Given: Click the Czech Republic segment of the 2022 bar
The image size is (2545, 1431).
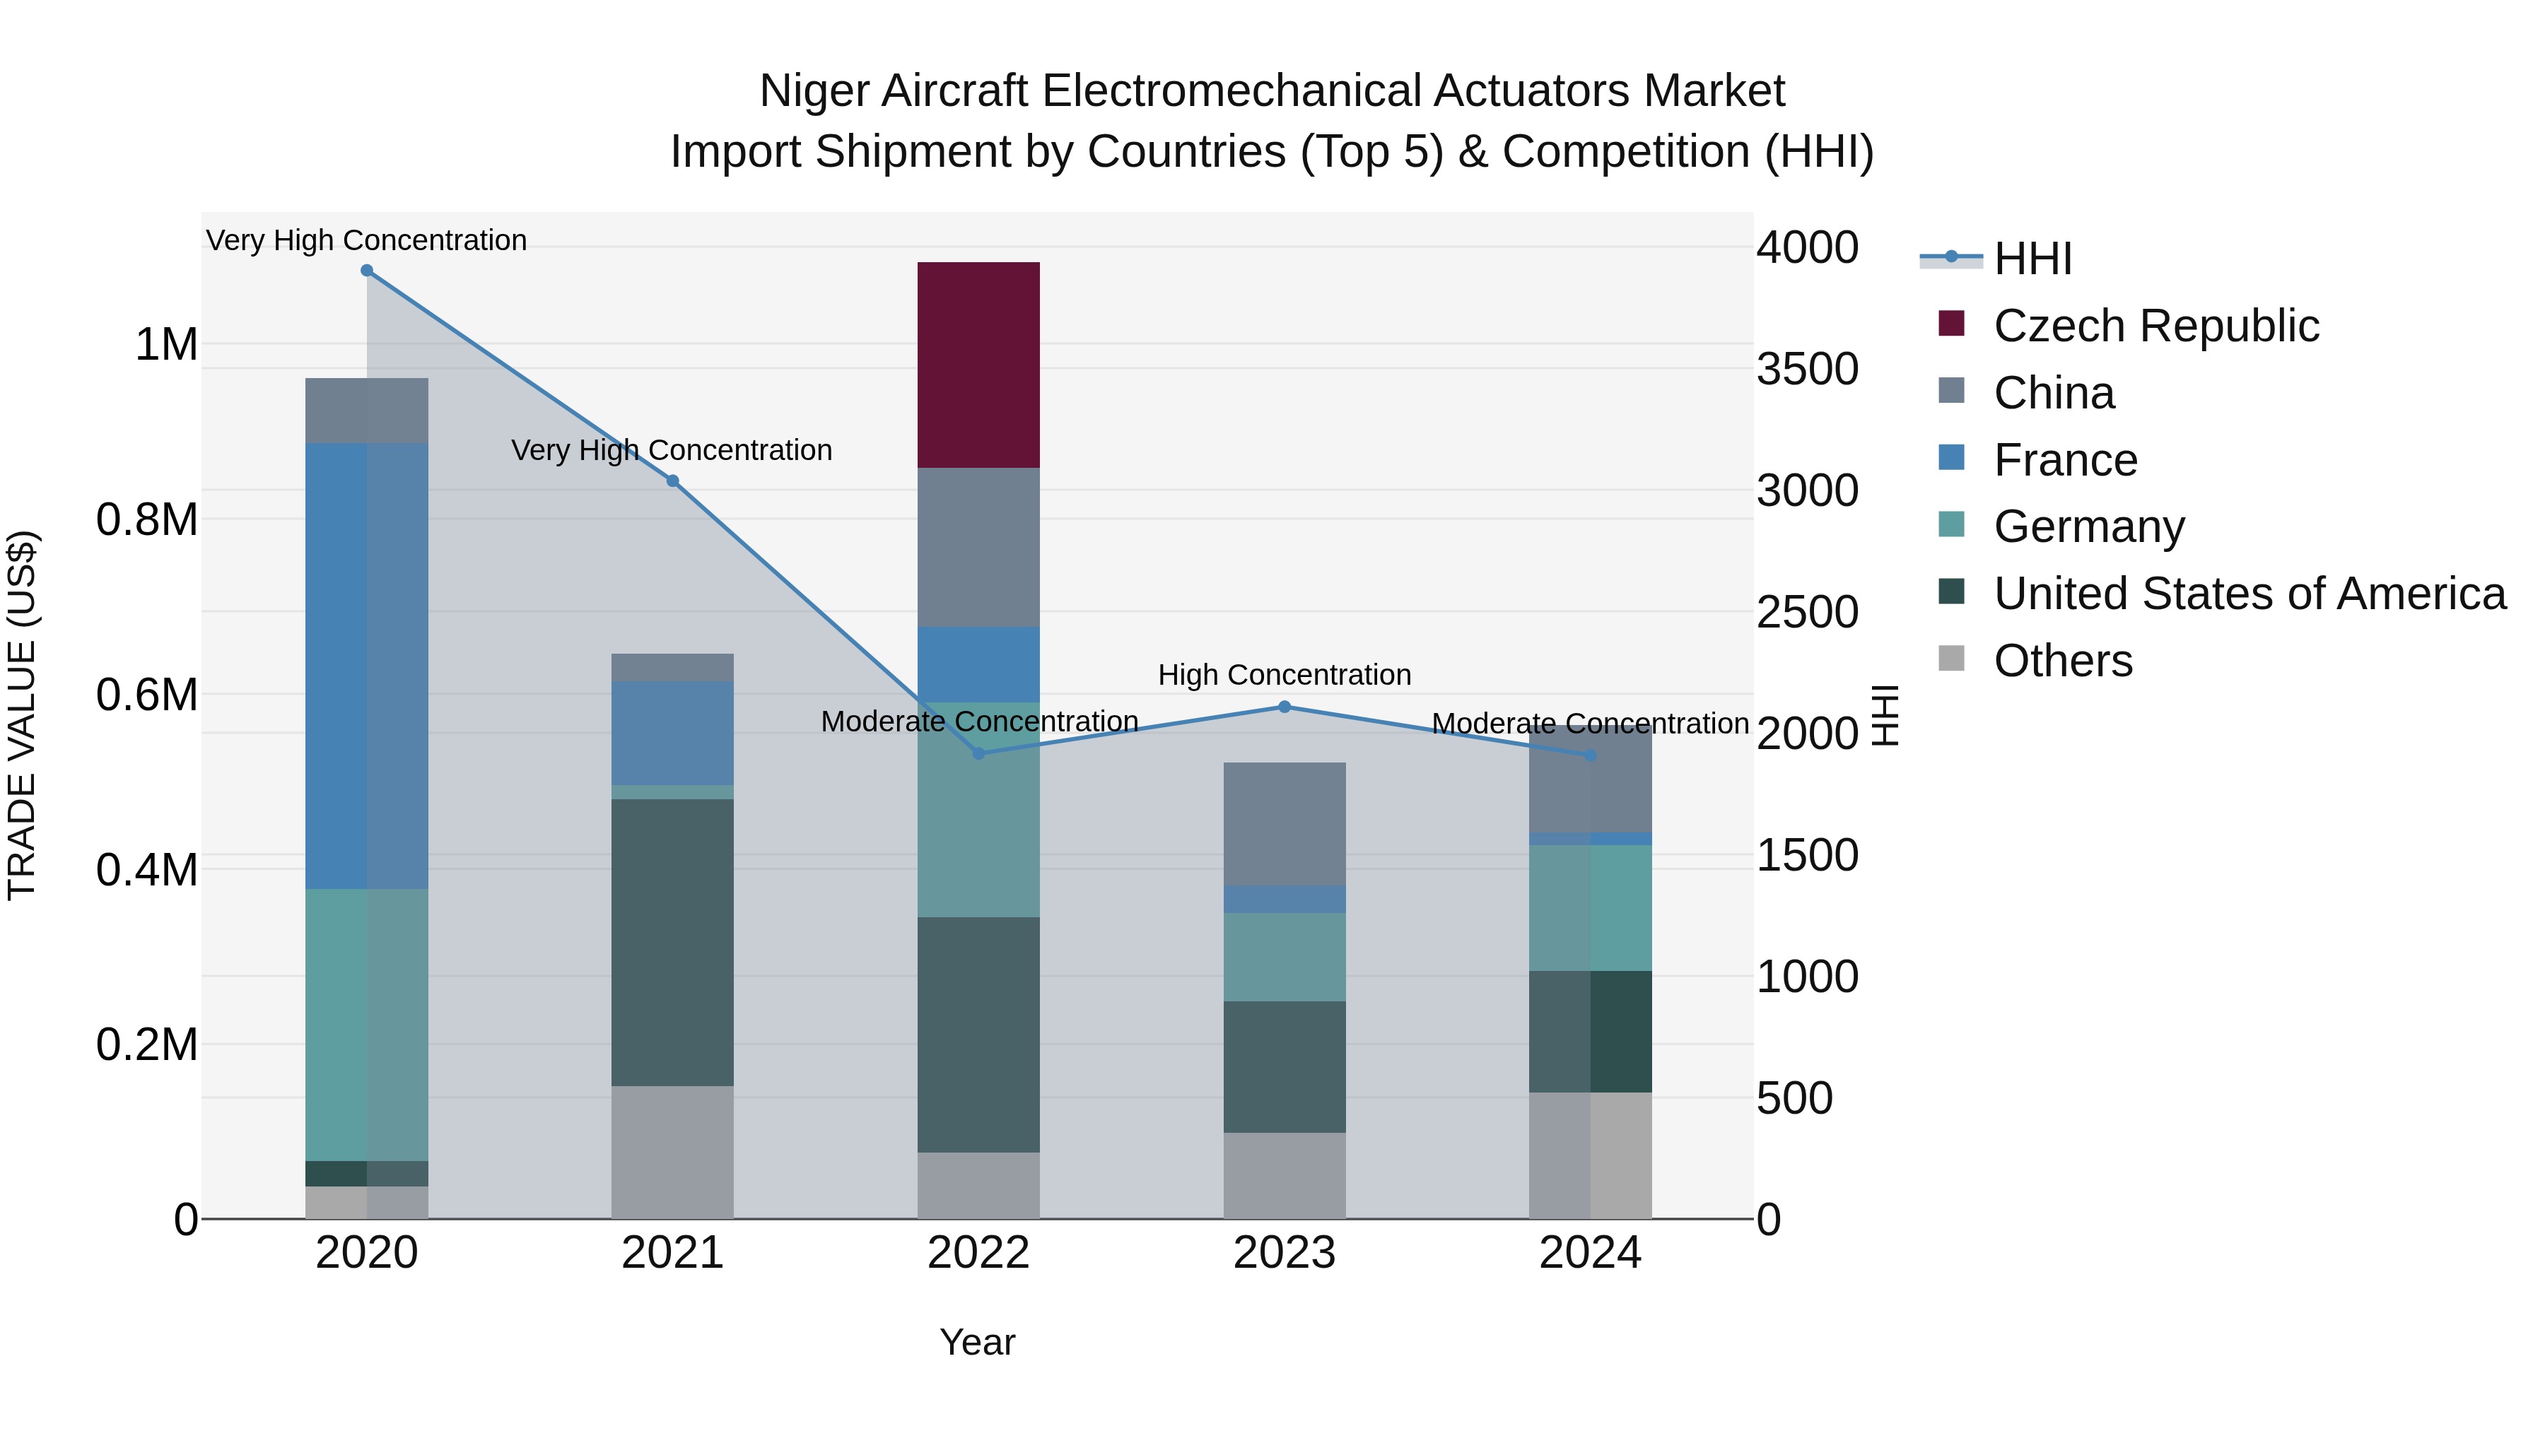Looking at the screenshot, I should pyautogui.click(x=978, y=365).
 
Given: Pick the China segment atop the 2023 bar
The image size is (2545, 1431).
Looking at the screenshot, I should pyautogui.click(x=1285, y=824).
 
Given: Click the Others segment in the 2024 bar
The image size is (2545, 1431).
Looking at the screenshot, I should pyautogui.click(x=1590, y=1155).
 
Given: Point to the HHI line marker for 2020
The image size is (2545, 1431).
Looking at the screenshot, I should pyautogui.click(x=366, y=271).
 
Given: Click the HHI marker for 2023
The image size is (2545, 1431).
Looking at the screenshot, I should pyautogui.click(x=1285, y=707).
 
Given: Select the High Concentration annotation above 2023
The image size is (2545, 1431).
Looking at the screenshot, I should pyautogui.click(x=1285, y=676).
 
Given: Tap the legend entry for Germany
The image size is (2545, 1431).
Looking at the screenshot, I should pyautogui.click(x=2088, y=526).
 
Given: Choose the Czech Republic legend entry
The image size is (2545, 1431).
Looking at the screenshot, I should pyautogui.click(x=2155, y=326).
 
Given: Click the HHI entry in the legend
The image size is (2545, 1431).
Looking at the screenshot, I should pyautogui.click(x=2032, y=259).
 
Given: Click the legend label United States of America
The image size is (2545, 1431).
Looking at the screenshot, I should pyautogui.click(x=2249, y=594).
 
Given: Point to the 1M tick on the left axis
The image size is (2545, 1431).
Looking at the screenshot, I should pyautogui.click(x=166, y=346).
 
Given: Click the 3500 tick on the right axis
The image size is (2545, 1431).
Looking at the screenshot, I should pyautogui.click(x=1807, y=370).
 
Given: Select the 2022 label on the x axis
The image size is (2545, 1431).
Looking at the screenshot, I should pyautogui.click(x=978, y=1253).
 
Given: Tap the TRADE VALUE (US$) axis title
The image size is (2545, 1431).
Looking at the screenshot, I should pyautogui.click(x=22, y=715).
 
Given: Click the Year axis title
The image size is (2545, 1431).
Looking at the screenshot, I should pyautogui.click(x=977, y=1342).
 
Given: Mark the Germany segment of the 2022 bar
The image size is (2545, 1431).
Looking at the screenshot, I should pyautogui.click(x=978, y=810).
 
